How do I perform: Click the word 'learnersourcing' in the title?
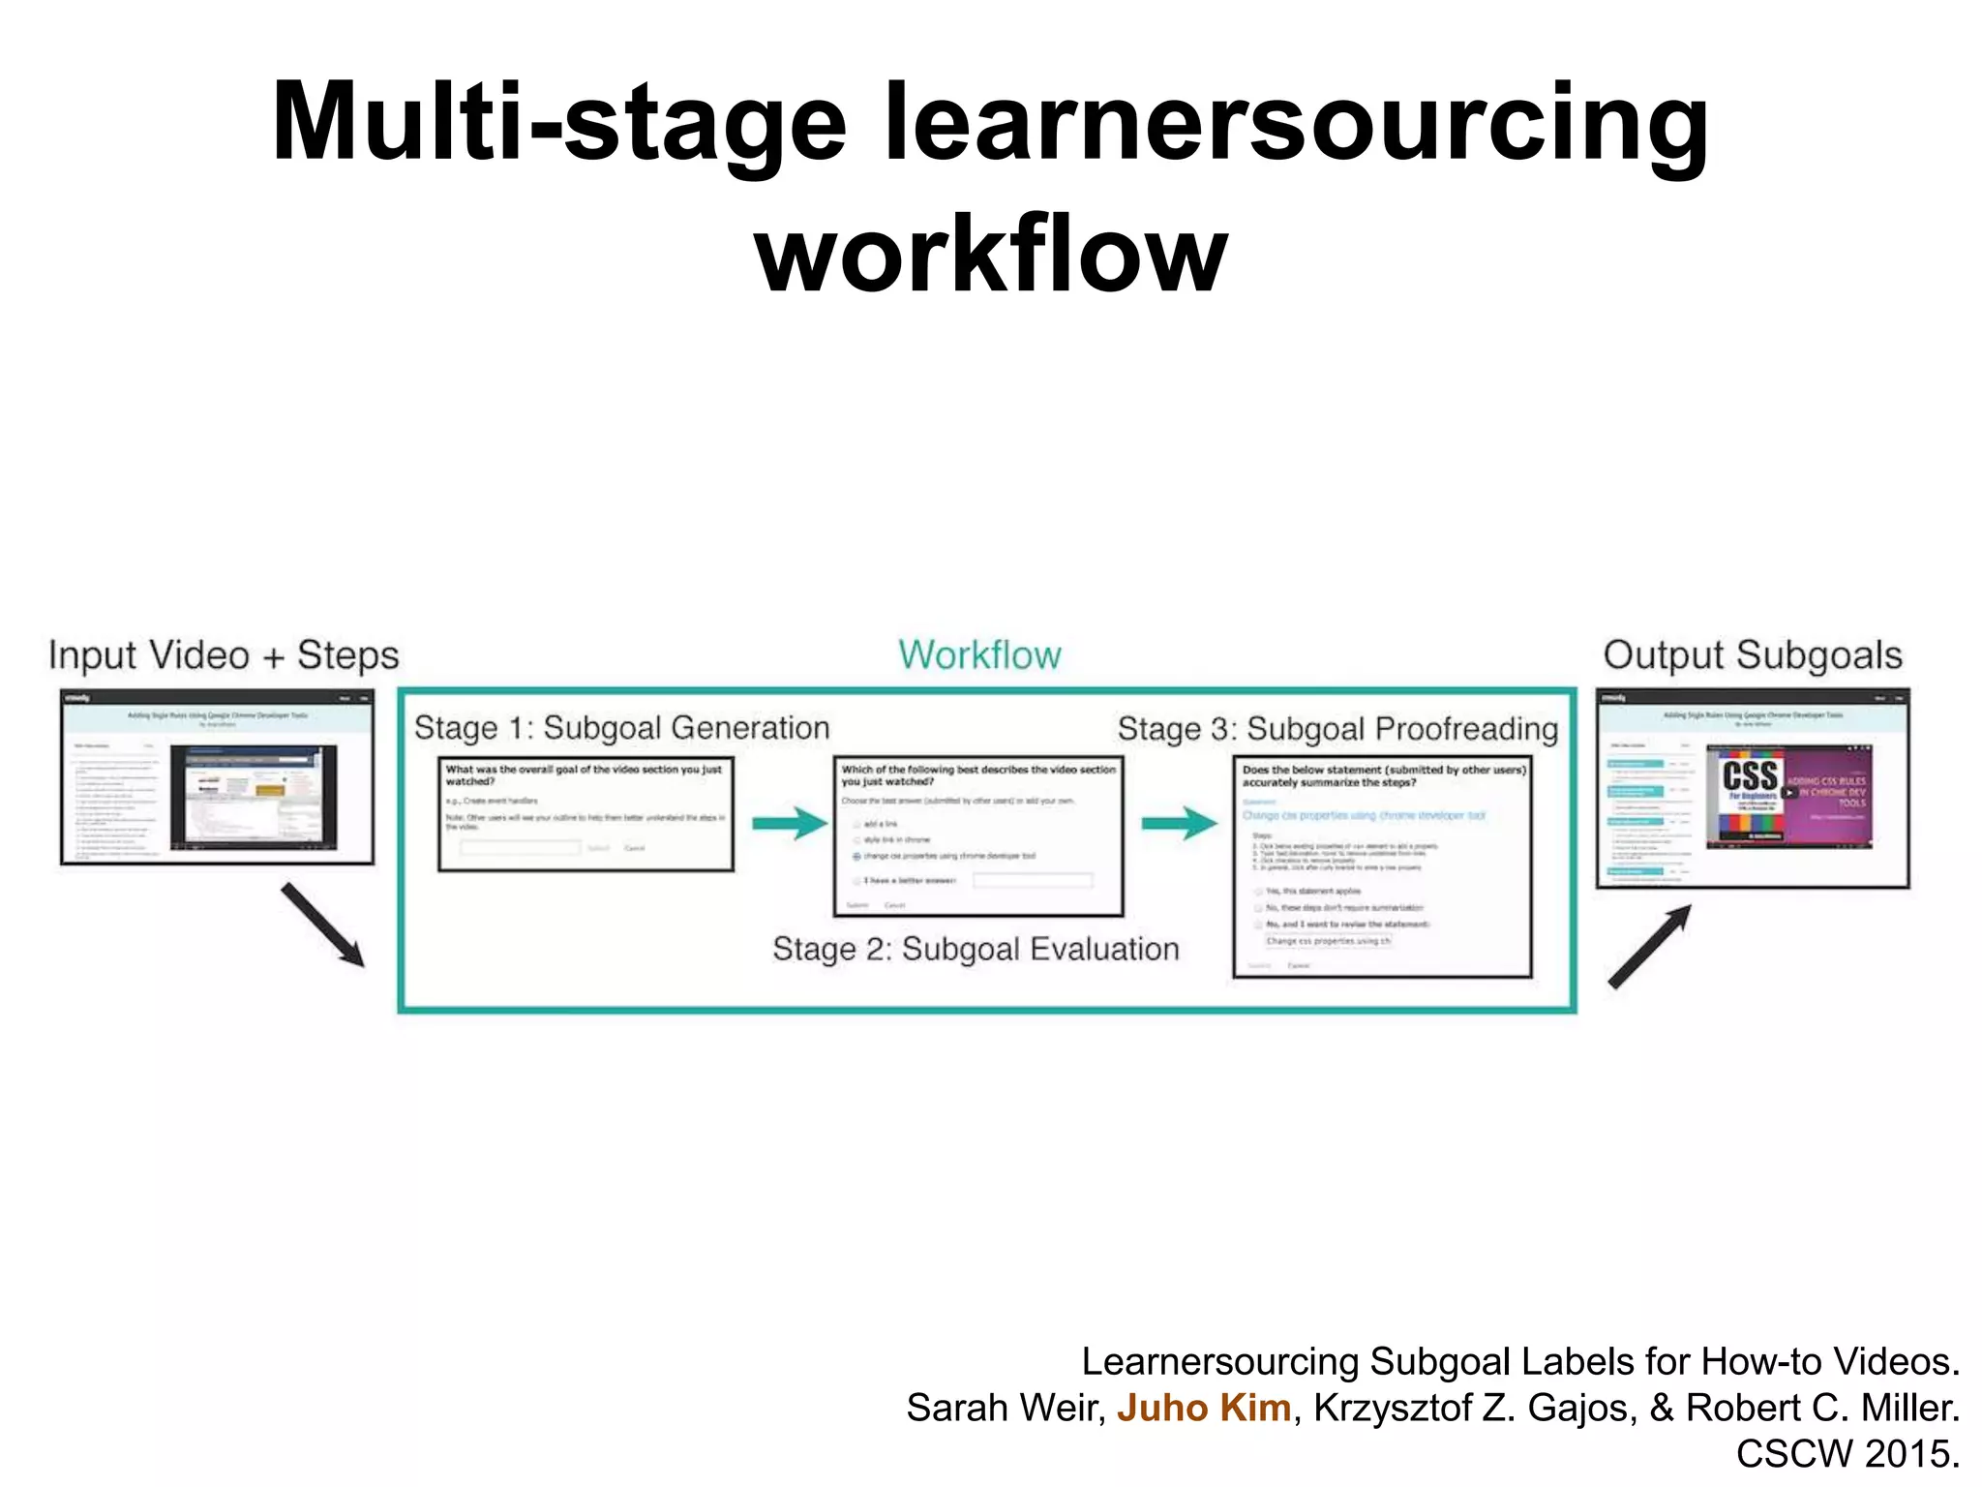pos(1297,123)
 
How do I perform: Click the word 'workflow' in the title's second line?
pos(991,255)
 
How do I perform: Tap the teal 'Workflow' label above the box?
pos(979,655)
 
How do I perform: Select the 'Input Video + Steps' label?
pos(224,655)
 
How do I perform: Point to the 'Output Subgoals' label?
pos(1753,655)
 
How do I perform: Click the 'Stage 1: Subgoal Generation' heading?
pos(621,728)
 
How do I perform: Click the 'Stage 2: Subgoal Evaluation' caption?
pos(976,949)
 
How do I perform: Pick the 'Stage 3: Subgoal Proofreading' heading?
pos(1337,729)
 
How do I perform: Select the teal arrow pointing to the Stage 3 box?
pos(1179,824)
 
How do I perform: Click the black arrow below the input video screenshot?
pos(323,925)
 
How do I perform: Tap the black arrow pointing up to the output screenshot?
pos(1650,947)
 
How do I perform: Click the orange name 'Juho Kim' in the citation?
pos(1203,1408)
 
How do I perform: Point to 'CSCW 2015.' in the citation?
pos(1847,1454)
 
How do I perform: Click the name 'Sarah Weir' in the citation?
pos(1003,1408)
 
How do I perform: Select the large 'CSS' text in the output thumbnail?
pos(1750,775)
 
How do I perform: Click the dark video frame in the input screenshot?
pos(254,797)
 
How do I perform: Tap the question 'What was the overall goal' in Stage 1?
pos(584,774)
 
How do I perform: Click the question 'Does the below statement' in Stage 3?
pos(1383,775)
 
